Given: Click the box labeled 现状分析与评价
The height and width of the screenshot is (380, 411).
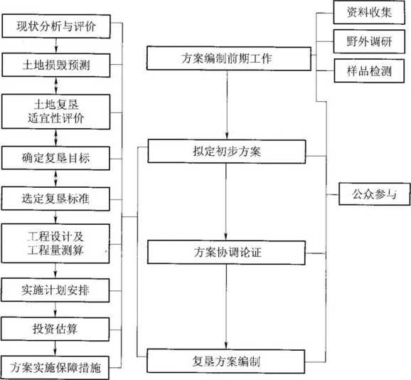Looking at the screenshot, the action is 56,26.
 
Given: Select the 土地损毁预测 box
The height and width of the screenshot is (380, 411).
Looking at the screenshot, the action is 56,65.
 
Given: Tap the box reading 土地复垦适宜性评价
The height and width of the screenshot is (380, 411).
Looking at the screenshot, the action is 56,112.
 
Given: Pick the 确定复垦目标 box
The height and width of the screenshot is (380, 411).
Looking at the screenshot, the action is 55,158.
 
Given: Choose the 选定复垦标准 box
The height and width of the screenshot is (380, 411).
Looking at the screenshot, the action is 55,199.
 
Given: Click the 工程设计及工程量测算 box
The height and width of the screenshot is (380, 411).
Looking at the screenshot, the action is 55,243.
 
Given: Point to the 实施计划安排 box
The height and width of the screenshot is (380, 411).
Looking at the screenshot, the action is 55,290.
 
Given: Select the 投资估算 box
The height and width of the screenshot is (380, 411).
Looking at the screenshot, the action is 55,329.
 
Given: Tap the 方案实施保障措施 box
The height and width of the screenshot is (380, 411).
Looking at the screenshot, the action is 55,368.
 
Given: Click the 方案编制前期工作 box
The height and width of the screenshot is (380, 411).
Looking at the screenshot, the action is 229,58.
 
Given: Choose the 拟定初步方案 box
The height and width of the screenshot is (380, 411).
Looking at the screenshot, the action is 227,152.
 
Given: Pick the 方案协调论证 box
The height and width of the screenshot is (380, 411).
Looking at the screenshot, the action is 226,253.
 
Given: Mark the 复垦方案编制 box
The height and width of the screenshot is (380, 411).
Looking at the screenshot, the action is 226,361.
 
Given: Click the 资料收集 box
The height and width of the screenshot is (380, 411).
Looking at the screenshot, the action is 369,12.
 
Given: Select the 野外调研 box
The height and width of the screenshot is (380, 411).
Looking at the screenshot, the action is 369,41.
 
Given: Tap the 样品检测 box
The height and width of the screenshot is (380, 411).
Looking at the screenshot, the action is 369,71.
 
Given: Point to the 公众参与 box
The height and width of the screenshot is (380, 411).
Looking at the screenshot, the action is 374,194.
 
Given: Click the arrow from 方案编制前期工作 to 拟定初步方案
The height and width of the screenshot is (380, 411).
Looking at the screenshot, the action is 227,105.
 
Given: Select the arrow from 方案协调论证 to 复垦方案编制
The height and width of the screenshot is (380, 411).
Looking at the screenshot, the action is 226,307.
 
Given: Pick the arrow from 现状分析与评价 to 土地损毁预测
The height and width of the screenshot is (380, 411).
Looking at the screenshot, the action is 56,46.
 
